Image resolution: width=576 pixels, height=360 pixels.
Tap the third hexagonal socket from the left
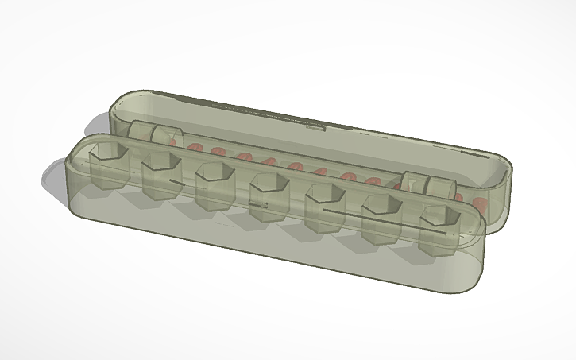[212, 186]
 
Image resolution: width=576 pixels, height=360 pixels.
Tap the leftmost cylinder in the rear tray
[141, 133]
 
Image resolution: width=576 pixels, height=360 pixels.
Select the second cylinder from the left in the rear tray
[164, 137]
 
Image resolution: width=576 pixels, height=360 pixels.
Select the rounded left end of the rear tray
[118, 112]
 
